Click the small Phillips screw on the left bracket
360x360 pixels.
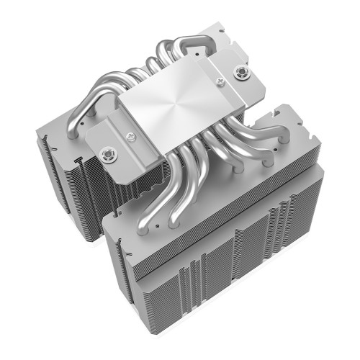click(x=131, y=135)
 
